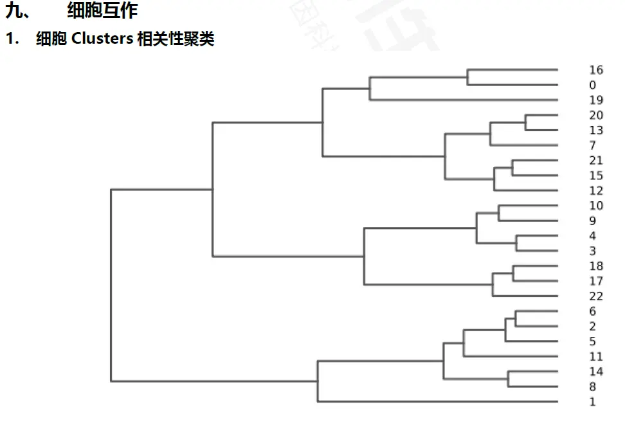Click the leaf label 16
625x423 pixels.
(595, 70)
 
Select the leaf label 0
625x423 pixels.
(592, 85)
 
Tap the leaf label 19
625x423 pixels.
(595, 100)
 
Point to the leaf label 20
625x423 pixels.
(595, 115)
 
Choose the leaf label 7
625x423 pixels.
(592, 146)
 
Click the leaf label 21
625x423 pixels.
(595, 161)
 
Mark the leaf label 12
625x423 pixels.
(595, 191)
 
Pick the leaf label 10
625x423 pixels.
(595, 206)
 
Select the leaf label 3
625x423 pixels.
(592, 251)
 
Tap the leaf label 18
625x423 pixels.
(595, 266)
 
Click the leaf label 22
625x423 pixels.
(595, 296)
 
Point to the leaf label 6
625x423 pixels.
(592, 311)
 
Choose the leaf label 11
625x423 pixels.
(595, 357)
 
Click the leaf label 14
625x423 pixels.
(595, 372)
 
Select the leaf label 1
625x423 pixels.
(592, 402)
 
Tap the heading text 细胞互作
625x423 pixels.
(102, 10)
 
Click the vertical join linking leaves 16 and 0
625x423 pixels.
(467, 77)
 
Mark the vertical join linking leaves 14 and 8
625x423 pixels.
(508, 379)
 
